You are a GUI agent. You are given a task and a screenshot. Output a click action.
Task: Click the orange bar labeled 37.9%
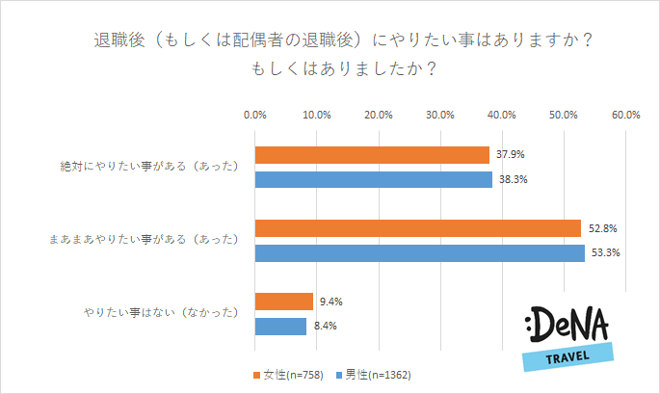(x=372, y=155)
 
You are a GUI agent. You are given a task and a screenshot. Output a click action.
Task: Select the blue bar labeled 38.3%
(x=373, y=179)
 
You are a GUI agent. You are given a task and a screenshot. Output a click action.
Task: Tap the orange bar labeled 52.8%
(x=418, y=228)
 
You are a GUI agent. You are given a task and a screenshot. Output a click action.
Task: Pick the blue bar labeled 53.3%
(x=419, y=253)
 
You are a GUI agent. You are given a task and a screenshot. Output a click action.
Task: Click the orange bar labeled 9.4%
(x=284, y=302)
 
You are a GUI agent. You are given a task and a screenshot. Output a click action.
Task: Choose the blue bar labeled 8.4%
(x=280, y=327)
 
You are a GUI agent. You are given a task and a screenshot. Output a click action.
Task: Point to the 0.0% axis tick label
(x=255, y=115)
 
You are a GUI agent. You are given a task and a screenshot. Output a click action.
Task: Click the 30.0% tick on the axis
(x=440, y=115)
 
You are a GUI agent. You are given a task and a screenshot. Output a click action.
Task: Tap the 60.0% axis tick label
(x=625, y=115)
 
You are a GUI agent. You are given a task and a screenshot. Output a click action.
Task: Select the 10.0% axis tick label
(x=317, y=115)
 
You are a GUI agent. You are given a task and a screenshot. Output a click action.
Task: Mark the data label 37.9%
(x=511, y=155)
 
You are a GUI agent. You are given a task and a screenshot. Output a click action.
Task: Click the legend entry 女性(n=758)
(x=289, y=374)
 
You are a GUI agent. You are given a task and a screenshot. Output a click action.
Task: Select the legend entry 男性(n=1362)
(x=377, y=374)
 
